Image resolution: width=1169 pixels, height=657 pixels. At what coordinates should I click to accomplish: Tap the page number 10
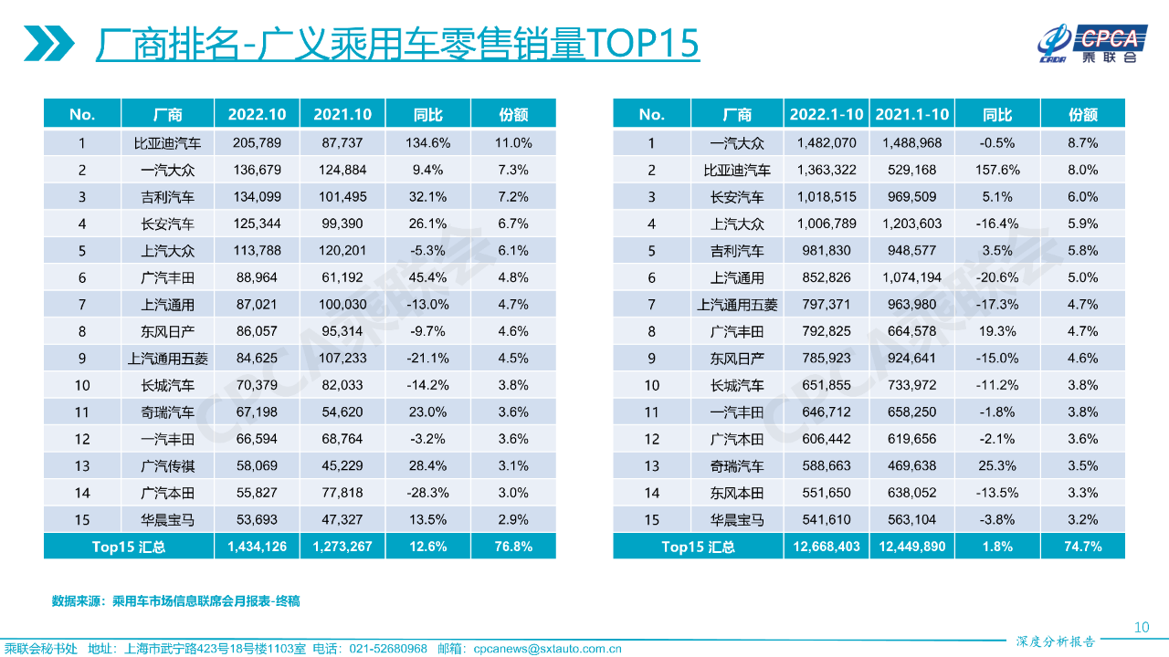(1141, 627)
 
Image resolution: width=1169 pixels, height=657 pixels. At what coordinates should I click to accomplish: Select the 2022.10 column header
(257, 114)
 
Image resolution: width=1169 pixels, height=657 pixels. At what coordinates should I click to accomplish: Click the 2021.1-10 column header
(911, 114)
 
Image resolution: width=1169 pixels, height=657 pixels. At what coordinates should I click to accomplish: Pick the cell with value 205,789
(257, 143)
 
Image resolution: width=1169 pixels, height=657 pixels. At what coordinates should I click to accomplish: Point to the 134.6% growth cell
(427, 143)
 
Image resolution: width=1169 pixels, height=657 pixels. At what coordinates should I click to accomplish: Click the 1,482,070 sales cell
(826, 143)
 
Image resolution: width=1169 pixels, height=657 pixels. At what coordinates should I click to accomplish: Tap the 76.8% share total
(513, 547)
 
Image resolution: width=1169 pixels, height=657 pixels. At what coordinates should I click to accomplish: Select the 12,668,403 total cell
(826, 547)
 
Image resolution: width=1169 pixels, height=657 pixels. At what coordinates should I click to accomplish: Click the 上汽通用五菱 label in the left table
(167, 359)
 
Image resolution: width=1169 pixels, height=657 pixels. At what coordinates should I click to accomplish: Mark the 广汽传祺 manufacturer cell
(167, 466)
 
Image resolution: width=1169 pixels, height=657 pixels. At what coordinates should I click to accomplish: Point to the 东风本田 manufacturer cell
(736, 493)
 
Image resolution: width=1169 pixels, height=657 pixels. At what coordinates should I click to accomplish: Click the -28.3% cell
(427, 493)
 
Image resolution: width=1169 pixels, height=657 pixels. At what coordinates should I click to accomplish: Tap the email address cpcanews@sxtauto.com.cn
(547, 649)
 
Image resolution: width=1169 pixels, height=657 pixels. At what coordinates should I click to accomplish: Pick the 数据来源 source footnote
(175, 601)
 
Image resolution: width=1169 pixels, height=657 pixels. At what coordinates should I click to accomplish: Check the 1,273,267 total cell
(342, 547)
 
